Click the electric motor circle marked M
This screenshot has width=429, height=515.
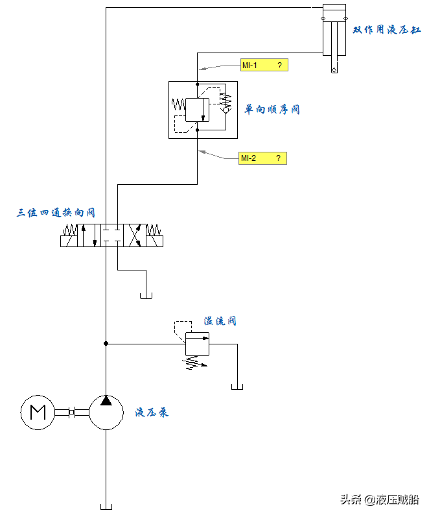(x=38, y=412)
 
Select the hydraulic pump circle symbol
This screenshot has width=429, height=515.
(x=106, y=412)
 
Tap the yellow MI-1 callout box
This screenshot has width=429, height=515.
(x=262, y=66)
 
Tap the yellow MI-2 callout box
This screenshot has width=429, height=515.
(x=262, y=158)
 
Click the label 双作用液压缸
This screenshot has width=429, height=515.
(x=386, y=30)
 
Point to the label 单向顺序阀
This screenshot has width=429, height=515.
(x=272, y=110)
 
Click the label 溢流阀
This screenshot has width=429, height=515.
(x=220, y=321)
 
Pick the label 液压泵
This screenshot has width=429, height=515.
(x=152, y=412)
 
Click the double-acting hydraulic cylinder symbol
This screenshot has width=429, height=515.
(x=334, y=29)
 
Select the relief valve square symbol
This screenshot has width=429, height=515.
(x=197, y=344)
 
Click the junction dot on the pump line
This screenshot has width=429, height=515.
(x=106, y=343)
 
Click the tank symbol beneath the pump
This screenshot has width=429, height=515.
(x=106, y=506)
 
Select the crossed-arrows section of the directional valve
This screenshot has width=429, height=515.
(x=135, y=235)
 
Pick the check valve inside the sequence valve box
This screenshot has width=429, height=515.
(x=226, y=110)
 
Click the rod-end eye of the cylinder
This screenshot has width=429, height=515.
(x=334, y=69)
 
